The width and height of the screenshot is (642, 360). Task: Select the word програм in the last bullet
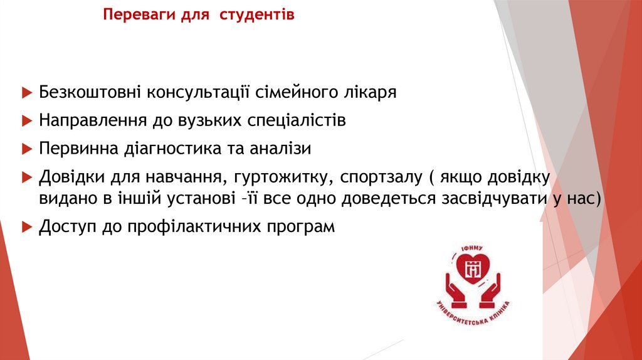point(304,227)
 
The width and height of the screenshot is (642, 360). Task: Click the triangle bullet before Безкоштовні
point(26,92)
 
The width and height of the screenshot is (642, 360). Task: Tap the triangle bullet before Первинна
point(26,149)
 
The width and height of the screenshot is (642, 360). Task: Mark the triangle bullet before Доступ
point(26,226)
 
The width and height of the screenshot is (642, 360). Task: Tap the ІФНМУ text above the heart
point(473,250)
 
